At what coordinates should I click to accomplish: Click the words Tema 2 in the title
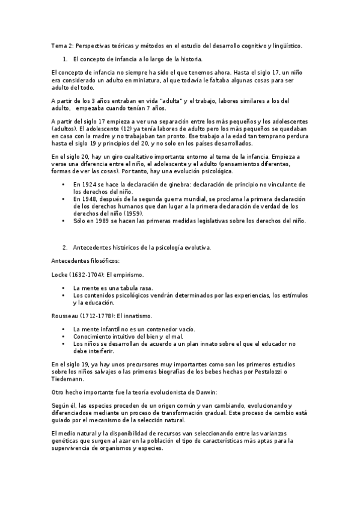click(59, 46)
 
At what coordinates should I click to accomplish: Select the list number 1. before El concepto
click(65, 59)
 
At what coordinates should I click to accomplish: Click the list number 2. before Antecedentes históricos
click(65, 247)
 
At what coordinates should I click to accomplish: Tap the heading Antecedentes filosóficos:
click(78, 261)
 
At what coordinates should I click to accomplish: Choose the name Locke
click(59, 275)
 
